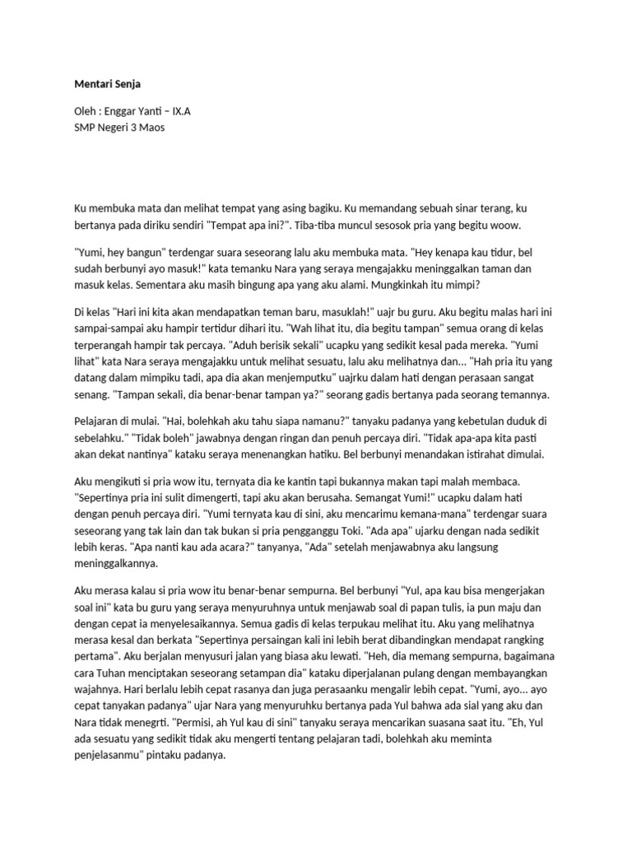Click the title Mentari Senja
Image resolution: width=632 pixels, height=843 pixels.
point(107,84)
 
